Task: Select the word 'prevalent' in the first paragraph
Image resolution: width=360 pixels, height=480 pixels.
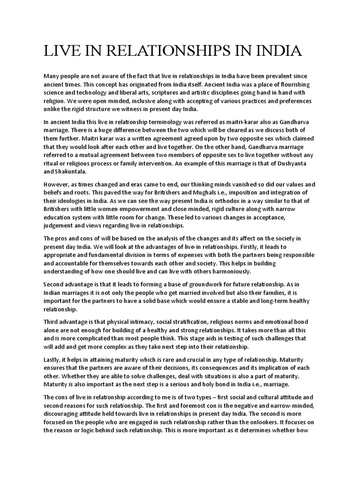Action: point(280,76)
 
